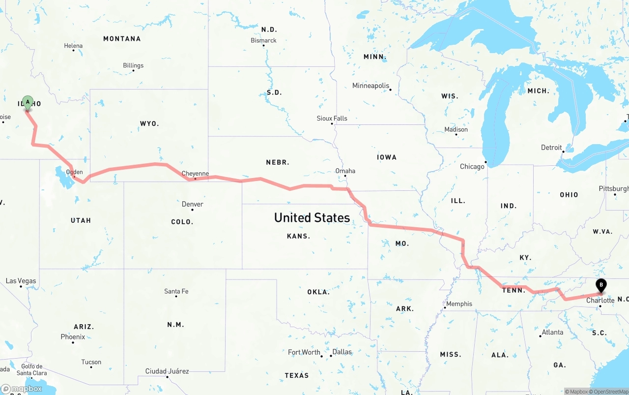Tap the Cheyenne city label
195,174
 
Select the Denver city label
192,204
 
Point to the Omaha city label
345,171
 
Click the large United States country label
312,217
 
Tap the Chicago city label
472,167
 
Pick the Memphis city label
459,304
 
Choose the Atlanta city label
552,333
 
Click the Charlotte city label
600,301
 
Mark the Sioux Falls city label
332,119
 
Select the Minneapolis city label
371,86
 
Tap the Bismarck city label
263,40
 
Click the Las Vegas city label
21,281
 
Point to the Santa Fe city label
176,292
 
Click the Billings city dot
133,71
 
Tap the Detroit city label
551,148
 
